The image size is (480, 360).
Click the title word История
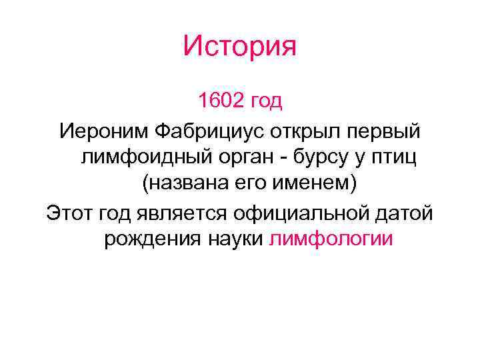(x=239, y=47)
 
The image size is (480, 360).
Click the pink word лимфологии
(x=331, y=240)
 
